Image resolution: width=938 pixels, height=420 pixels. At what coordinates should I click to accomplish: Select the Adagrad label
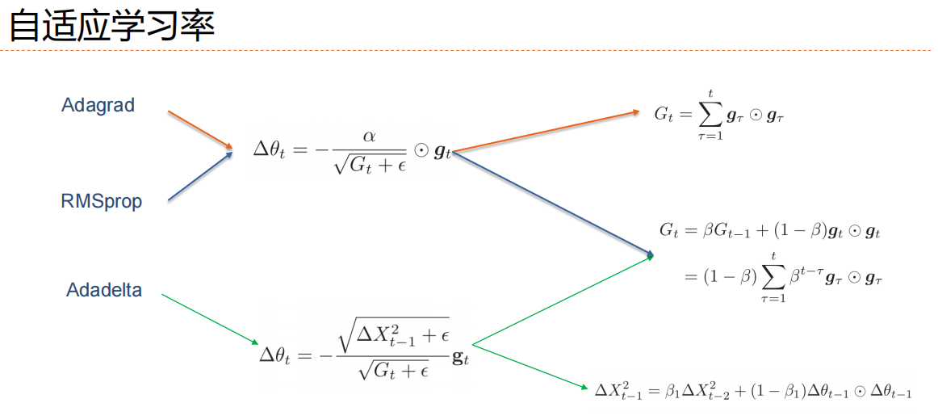(x=98, y=105)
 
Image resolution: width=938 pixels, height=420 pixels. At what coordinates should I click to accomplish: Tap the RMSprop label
(x=101, y=200)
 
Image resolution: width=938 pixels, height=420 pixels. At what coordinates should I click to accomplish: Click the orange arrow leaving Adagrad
(x=199, y=129)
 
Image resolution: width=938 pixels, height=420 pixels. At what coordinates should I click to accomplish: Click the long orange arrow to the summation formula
(x=545, y=132)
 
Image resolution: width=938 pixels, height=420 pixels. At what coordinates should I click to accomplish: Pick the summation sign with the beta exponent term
(x=773, y=277)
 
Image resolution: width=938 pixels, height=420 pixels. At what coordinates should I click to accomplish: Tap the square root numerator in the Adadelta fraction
(x=394, y=335)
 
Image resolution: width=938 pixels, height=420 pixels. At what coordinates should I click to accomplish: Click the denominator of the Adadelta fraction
(x=392, y=370)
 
